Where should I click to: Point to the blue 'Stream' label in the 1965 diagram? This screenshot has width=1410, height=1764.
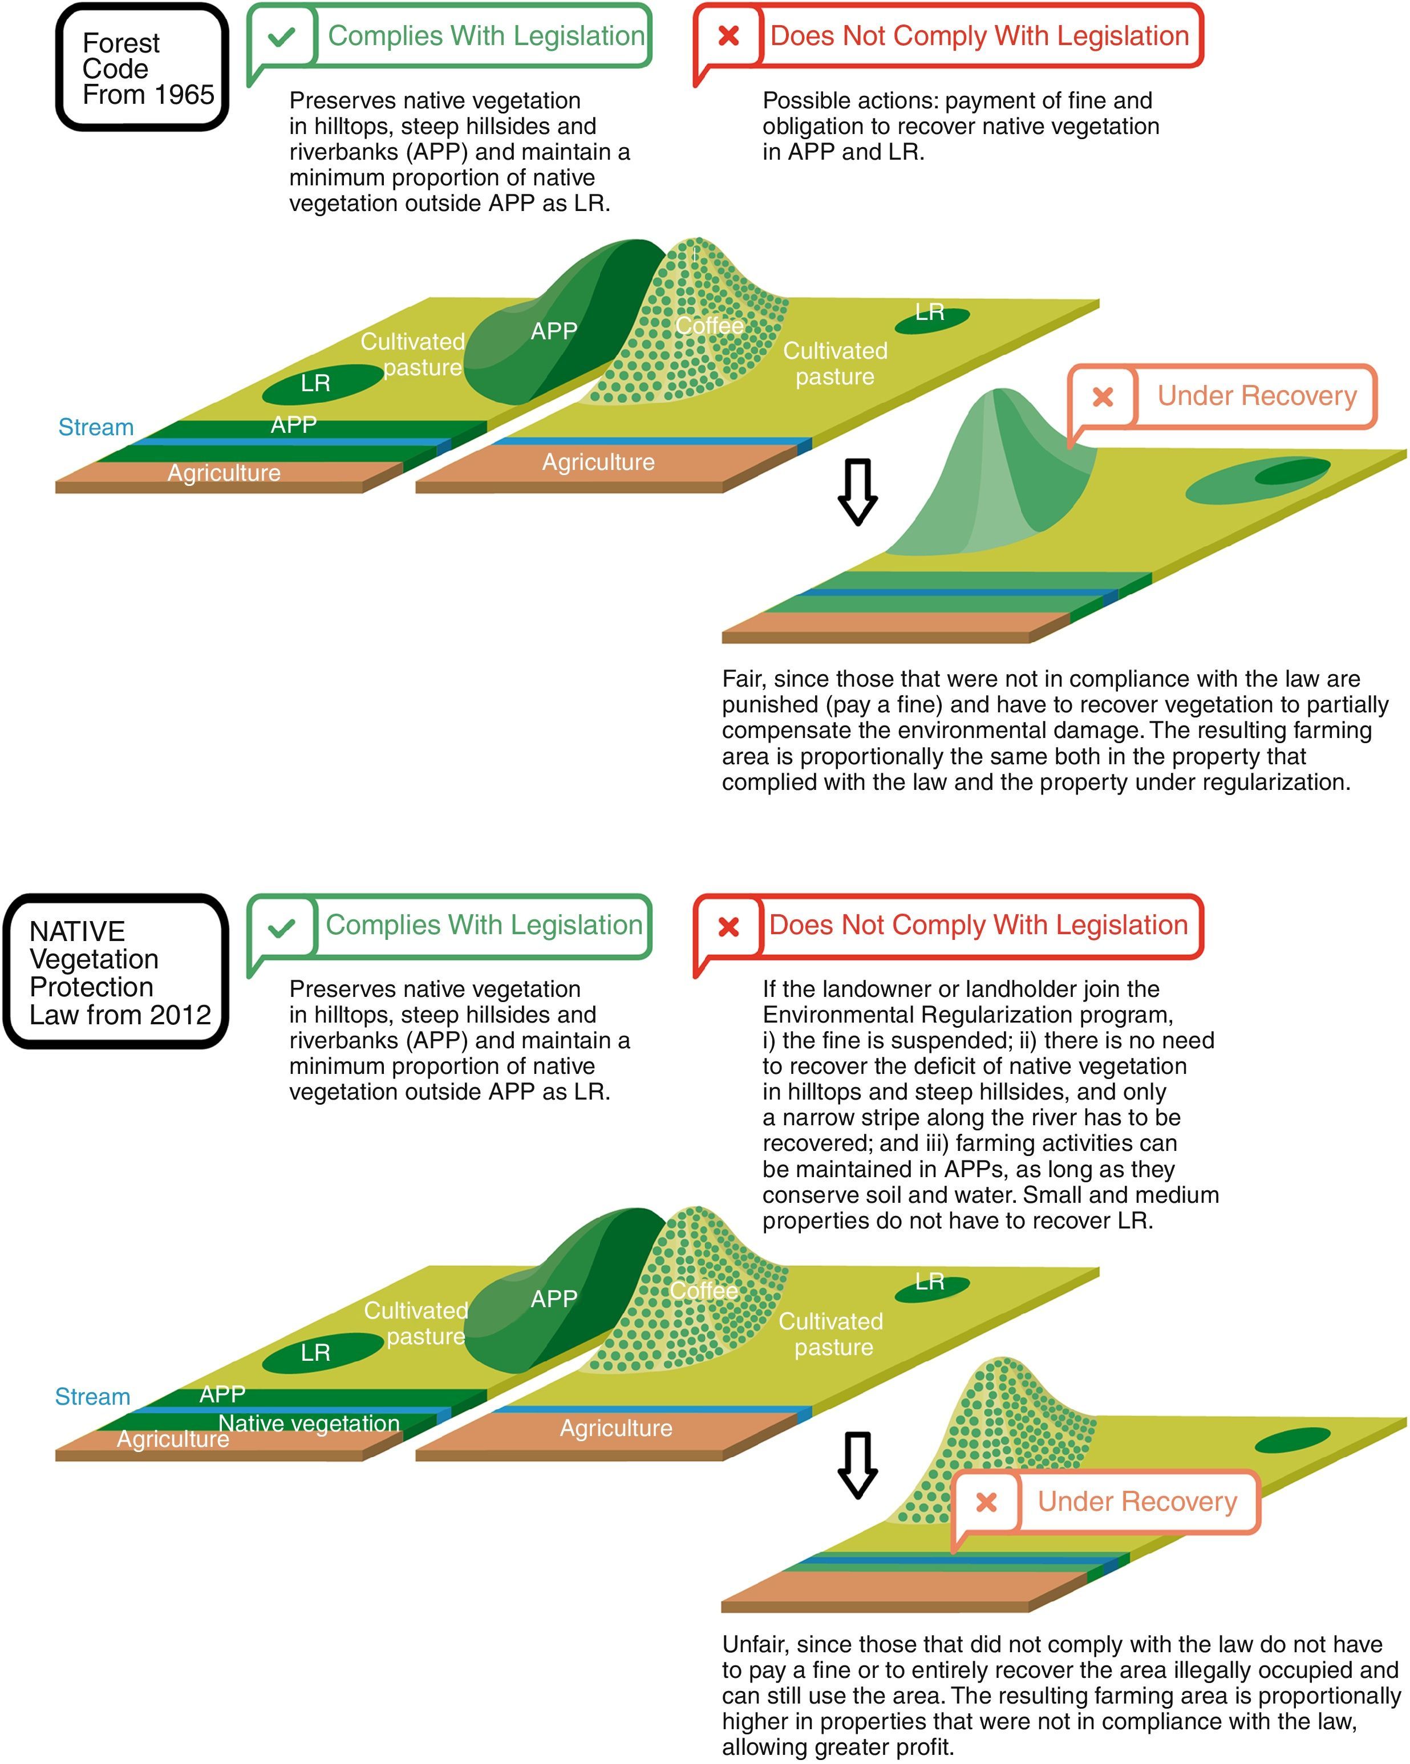(96, 427)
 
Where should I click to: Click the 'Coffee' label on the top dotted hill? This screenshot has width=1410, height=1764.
(708, 326)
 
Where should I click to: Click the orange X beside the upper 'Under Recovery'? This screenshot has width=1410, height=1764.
(1103, 397)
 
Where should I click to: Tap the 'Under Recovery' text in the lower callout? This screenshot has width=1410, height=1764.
(1137, 1501)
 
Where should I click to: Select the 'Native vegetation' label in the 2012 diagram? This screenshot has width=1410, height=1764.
(309, 1423)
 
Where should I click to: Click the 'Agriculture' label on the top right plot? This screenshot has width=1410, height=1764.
(598, 463)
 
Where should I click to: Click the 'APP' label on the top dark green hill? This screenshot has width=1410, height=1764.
(554, 331)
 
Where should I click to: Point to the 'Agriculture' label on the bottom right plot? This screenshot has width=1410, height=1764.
(615, 1429)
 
